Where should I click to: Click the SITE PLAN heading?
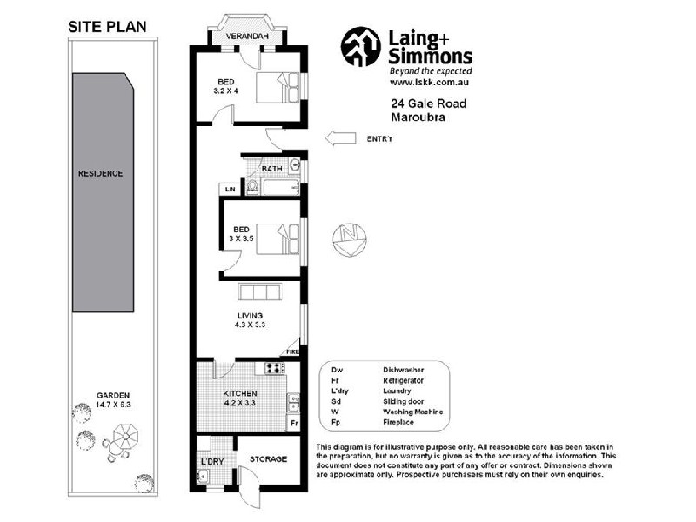pyautogui.click(x=109, y=27)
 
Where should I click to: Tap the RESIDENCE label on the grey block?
pyautogui.click(x=102, y=173)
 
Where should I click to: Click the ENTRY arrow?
pyautogui.click(x=341, y=137)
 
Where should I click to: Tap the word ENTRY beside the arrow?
pyautogui.click(x=380, y=137)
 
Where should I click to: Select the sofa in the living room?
pyautogui.click(x=259, y=291)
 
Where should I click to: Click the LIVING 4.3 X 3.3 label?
pyautogui.click(x=250, y=319)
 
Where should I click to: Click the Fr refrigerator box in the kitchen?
pyautogui.click(x=294, y=423)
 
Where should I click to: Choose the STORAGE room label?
pyautogui.click(x=268, y=458)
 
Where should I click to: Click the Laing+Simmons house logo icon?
pyautogui.click(x=360, y=46)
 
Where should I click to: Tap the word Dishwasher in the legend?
pyautogui.click(x=403, y=369)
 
